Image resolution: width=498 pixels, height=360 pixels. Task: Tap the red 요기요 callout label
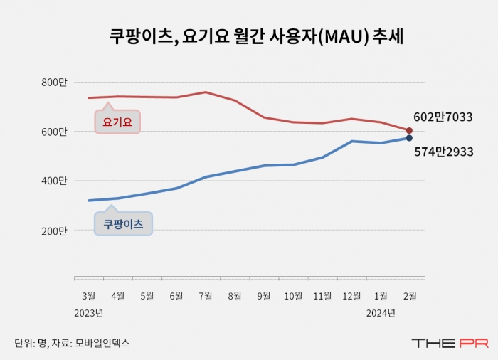pos(117,122)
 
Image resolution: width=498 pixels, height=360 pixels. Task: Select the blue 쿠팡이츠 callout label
pos(123,224)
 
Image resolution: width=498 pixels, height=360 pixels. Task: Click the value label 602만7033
pos(443,117)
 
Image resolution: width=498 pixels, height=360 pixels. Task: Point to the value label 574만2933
pos(443,152)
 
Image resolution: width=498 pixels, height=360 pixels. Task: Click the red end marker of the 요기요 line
pos(409,131)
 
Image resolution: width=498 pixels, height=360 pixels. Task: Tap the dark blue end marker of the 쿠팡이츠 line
pos(409,138)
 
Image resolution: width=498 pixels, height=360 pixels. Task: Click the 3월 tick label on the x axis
pos(89,295)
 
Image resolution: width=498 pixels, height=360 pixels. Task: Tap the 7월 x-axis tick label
pos(206,295)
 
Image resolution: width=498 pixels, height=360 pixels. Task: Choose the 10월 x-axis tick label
pos(293,295)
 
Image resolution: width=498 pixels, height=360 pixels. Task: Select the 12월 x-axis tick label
pos(351,295)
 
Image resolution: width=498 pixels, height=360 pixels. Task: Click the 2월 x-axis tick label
pos(410,295)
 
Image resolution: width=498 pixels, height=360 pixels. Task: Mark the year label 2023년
pos(89,312)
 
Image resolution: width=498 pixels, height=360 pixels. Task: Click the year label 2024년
pos(381,312)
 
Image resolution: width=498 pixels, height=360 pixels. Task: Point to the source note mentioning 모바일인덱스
pos(72,343)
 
